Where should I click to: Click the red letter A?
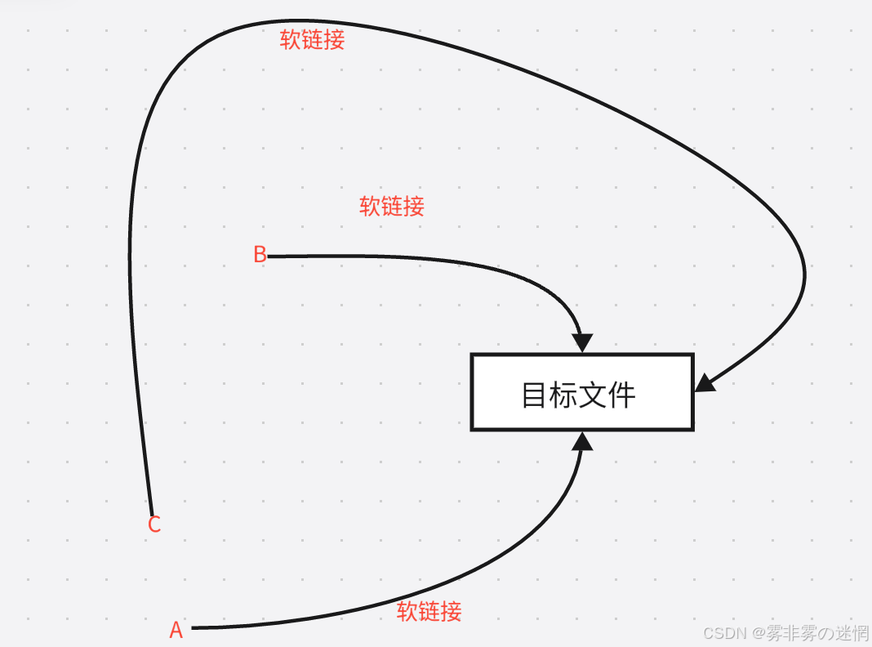click(x=176, y=630)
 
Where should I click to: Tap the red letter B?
click(x=260, y=255)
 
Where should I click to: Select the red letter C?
click(x=154, y=524)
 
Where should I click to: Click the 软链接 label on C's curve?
click(x=312, y=40)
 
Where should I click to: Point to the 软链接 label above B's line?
click(x=392, y=206)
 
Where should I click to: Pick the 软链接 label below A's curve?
click(x=429, y=611)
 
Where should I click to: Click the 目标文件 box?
click(x=581, y=392)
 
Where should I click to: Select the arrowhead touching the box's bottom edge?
click(x=582, y=441)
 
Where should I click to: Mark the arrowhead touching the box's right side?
click(x=705, y=382)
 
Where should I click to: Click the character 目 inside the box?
click(x=536, y=395)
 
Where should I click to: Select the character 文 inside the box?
click(x=593, y=395)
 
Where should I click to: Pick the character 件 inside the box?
click(x=621, y=395)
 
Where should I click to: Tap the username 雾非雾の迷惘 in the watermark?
click(x=816, y=633)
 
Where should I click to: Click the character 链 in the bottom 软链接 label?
click(x=429, y=611)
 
